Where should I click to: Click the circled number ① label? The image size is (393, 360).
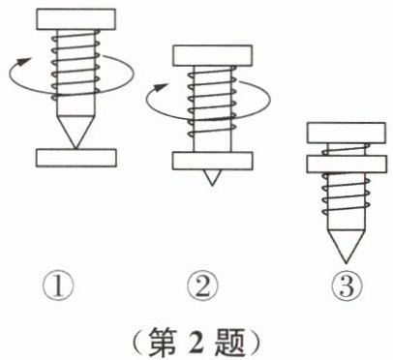click(58, 286)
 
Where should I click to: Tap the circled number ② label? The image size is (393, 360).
click(203, 286)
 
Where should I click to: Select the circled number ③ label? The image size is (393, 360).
click(348, 286)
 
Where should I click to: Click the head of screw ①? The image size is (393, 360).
click(76, 19)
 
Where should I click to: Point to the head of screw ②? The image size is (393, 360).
click(212, 56)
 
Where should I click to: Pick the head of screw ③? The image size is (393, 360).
click(347, 133)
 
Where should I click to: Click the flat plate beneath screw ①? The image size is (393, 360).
click(76, 158)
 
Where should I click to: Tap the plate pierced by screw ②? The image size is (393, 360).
click(212, 161)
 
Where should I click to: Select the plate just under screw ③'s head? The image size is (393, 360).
click(347, 165)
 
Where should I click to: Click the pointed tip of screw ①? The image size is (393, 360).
click(76, 148)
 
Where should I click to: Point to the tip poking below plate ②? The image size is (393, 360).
click(212, 185)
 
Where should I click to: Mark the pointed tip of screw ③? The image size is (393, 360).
click(346, 262)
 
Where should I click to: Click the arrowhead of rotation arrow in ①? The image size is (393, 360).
click(24, 61)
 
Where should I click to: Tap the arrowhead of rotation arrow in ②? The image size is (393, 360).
click(161, 87)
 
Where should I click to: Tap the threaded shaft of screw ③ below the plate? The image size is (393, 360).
click(346, 201)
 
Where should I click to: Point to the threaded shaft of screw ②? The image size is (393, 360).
click(212, 109)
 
